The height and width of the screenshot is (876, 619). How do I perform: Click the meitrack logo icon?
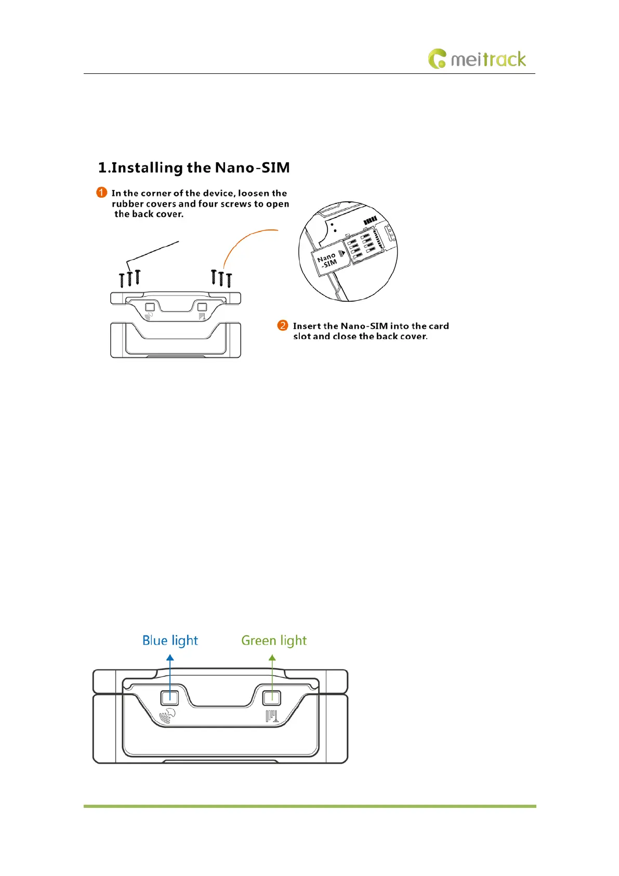click(437, 59)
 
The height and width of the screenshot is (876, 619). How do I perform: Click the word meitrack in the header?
click(488, 59)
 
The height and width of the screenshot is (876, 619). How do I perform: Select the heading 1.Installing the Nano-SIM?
click(194, 168)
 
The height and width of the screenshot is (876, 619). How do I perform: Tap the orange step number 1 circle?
click(102, 192)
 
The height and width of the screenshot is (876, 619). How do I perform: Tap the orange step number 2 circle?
click(283, 326)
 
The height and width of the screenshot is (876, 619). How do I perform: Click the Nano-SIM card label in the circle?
click(327, 260)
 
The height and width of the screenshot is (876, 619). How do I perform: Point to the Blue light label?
click(170, 640)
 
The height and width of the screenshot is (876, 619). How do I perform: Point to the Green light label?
click(274, 640)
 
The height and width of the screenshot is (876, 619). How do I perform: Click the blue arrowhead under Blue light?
click(170, 658)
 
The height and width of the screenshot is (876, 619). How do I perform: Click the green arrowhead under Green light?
click(272, 658)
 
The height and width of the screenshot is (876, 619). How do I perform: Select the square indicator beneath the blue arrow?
click(170, 698)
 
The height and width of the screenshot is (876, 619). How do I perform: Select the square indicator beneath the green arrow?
click(272, 698)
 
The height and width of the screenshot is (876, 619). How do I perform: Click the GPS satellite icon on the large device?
click(167, 716)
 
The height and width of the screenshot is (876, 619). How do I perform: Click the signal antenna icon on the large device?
click(272, 716)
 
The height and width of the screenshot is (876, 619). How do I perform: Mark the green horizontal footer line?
click(310, 806)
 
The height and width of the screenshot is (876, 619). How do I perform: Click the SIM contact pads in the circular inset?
click(361, 244)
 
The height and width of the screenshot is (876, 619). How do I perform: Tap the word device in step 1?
click(218, 193)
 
